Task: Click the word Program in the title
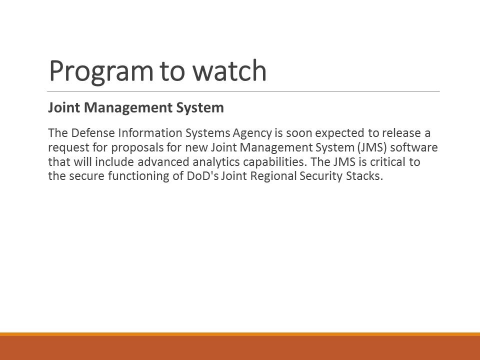coord(100,71)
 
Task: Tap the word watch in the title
coord(229,70)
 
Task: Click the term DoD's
coord(202,176)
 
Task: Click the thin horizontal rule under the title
coord(243,91)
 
